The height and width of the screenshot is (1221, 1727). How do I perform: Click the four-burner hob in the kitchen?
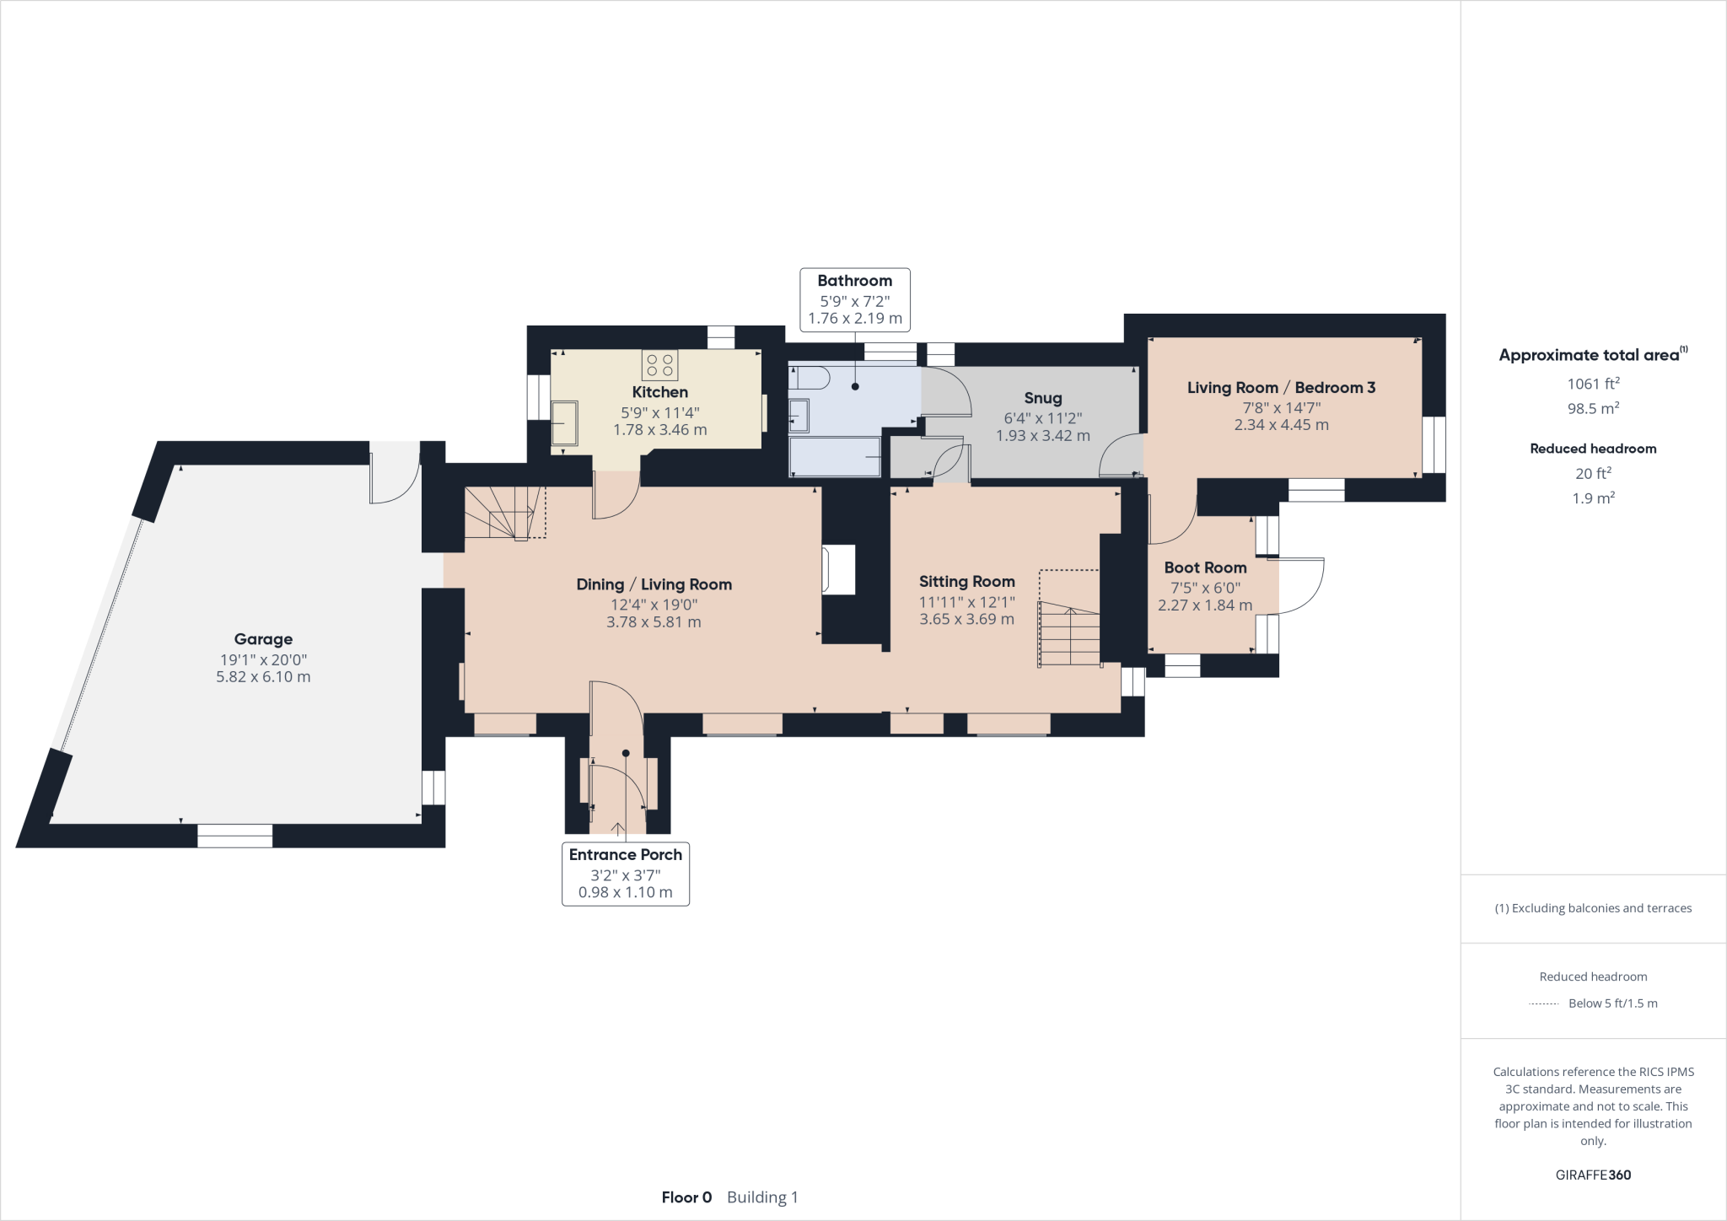pyautogui.click(x=659, y=365)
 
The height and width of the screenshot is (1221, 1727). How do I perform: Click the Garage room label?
pyautogui.click(x=263, y=639)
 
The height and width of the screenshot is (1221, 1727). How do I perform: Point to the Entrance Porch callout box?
pyautogui.click(x=625, y=874)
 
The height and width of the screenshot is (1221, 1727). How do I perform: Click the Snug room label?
pyautogui.click(x=1042, y=398)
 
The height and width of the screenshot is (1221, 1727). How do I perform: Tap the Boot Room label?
pyautogui.click(x=1205, y=567)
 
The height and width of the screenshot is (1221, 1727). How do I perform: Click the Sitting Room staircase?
pyautogui.click(x=1070, y=632)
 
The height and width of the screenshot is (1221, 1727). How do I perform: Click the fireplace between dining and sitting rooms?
pyautogui.click(x=839, y=569)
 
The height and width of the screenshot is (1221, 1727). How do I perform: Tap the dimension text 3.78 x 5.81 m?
pyautogui.click(x=654, y=622)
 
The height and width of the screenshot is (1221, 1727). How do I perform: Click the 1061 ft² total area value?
pyautogui.click(x=1592, y=384)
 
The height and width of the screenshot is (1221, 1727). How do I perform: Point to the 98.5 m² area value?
pyautogui.click(x=1592, y=408)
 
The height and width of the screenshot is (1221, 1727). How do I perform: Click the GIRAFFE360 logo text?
pyautogui.click(x=1592, y=1175)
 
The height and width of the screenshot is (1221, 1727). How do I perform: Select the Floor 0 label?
pyautogui.click(x=686, y=1197)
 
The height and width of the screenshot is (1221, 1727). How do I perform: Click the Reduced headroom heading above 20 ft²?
pyautogui.click(x=1592, y=449)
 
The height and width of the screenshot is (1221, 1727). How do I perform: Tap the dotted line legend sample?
pyautogui.click(x=1543, y=1003)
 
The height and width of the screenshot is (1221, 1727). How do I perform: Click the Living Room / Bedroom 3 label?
pyautogui.click(x=1281, y=388)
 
